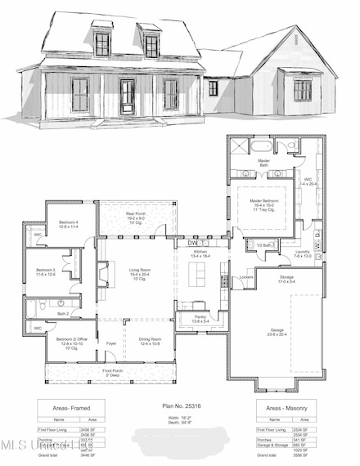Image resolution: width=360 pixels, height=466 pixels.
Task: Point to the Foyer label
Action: point(111,343)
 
